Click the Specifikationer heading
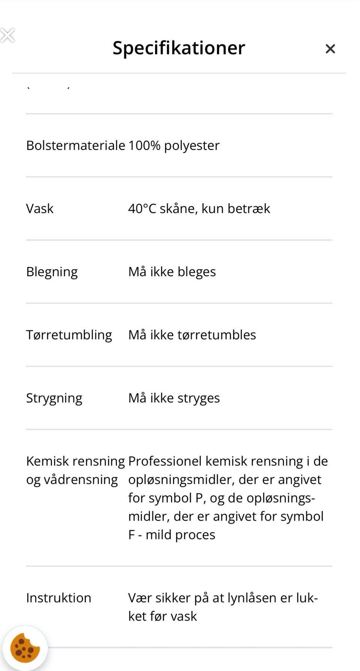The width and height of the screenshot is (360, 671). pos(178,48)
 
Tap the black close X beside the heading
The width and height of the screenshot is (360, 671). pos(330,49)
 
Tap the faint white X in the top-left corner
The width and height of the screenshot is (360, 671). pos(7,36)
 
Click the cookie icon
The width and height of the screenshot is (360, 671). pos(25,648)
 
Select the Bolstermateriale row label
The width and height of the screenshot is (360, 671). pos(75,146)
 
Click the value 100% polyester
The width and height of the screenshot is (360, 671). pos(174,146)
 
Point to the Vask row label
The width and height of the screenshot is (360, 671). pos(40,209)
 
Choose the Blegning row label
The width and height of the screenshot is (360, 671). pos(52,272)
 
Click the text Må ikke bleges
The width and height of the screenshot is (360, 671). pos(172,272)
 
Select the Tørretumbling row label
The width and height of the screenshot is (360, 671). pos(69,335)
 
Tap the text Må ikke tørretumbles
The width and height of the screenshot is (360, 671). pos(192,335)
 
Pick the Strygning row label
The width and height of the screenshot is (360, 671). pos(54,398)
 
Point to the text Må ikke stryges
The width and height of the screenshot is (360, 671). pos(174,398)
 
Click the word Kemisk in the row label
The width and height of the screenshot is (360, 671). pos(47,461)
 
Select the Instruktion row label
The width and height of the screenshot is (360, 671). pos(58,598)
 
